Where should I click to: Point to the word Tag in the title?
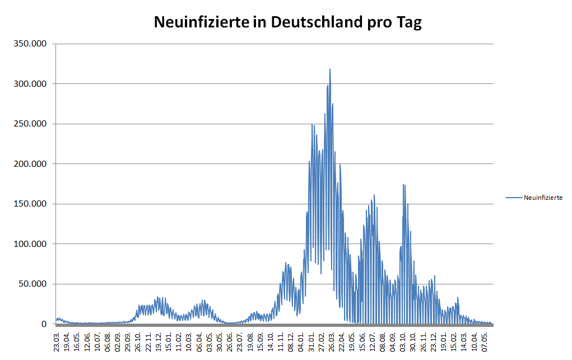click(x=408, y=24)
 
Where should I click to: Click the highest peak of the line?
click(x=330, y=69)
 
